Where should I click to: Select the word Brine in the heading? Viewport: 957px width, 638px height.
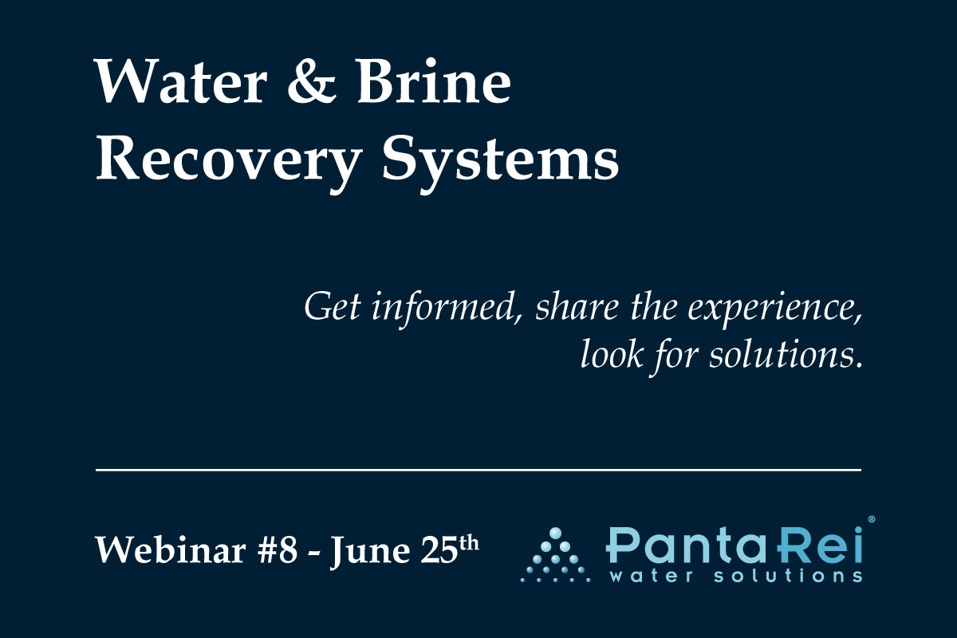click(434, 81)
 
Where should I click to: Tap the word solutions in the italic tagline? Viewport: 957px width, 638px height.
click(786, 355)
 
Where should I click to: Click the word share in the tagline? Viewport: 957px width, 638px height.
click(577, 307)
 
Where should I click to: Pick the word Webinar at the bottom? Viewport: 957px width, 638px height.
click(171, 550)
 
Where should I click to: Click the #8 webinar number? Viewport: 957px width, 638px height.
click(277, 550)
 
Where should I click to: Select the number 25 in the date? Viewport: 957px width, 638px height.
click(439, 550)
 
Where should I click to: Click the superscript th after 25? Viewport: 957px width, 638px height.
click(469, 543)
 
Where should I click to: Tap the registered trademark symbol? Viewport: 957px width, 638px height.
click(872, 520)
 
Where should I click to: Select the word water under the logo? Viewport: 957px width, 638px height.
click(651, 576)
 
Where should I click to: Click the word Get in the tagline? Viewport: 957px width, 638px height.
click(333, 307)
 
